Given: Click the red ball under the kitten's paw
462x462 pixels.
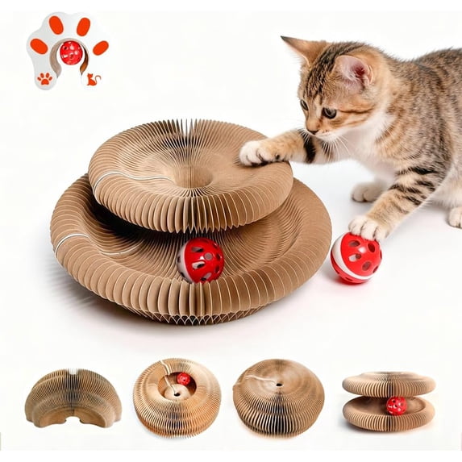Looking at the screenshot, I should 356,257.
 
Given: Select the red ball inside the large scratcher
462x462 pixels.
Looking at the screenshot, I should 200,260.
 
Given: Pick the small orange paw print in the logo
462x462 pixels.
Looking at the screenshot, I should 45,78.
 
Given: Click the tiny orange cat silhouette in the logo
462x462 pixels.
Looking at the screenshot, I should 93,79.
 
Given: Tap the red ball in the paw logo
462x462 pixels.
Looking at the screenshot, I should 71,53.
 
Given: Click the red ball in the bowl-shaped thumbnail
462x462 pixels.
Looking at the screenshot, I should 185,379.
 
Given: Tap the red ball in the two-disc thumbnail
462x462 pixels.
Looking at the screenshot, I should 396,406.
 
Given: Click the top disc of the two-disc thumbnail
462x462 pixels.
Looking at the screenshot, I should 389,384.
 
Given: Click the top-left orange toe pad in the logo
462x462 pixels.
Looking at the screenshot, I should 38,45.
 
